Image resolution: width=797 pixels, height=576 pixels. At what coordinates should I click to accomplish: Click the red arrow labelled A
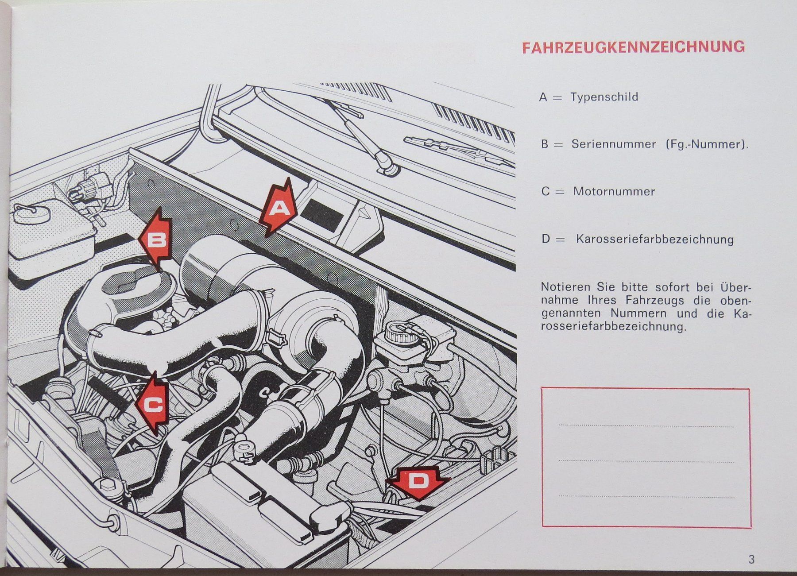[x=278, y=208]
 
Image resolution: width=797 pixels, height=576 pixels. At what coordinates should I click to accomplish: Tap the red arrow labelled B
[x=156, y=240]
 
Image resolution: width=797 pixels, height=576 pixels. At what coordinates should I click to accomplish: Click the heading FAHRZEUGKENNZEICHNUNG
[x=633, y=47]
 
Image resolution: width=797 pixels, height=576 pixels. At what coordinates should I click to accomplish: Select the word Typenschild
[x=604, y=97]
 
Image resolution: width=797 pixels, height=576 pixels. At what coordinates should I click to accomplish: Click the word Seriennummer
[x=614, y=144]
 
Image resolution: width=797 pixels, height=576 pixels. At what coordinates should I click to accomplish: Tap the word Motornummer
[x=614, y=192]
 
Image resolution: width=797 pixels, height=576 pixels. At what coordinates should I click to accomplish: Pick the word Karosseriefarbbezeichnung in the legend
[x=655, y=240]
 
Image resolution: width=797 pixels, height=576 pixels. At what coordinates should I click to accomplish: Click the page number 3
[x=751, y=559]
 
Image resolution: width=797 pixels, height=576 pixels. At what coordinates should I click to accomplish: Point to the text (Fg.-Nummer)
[x=707, y=144]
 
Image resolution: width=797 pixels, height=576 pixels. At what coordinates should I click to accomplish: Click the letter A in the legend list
[x=543, y=97]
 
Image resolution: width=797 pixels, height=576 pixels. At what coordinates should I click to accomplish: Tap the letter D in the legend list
[x=546, y=240]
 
